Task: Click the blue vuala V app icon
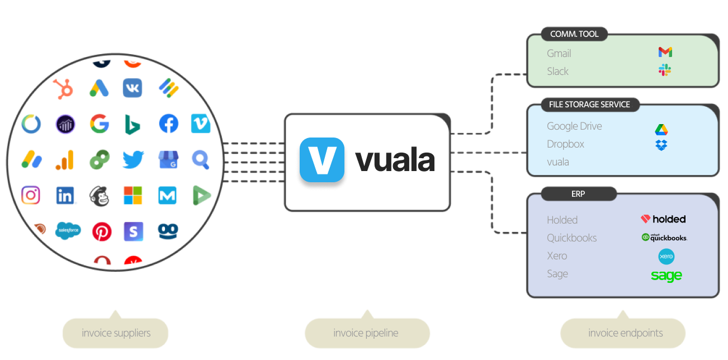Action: [322, 160]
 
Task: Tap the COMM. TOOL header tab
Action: [574, 34]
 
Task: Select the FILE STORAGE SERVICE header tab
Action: [589, 105]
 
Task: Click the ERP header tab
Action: [579, 194]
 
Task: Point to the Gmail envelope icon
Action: [665, 53]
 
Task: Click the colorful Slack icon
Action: [664, 70]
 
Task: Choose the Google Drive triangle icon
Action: [661, 129]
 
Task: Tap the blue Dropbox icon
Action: [661, 145]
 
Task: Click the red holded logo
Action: [663, 219]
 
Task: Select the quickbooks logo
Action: [664, 238]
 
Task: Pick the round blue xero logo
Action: [666, 257]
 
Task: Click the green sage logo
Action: [666, 276]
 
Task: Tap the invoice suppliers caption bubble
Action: [116, 333]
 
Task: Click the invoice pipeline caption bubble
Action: [366, 333]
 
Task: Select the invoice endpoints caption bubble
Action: [625, 333]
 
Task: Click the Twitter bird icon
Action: [133, 160]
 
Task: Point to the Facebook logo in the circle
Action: [168, 124]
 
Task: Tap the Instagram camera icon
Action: [31, 195]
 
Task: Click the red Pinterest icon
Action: [102, 231]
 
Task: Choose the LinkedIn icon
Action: [65, 195]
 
